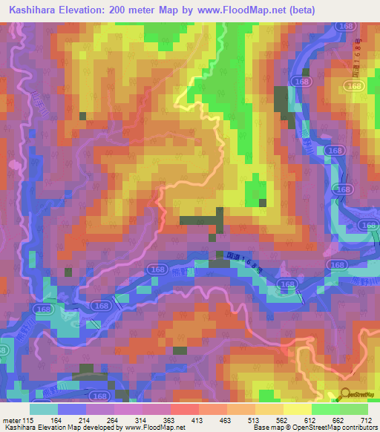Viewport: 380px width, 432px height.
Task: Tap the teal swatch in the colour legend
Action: pos(44,409)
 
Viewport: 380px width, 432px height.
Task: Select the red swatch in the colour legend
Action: pos(184,409)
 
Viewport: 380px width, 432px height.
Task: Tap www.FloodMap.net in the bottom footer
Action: pos(157,428)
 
